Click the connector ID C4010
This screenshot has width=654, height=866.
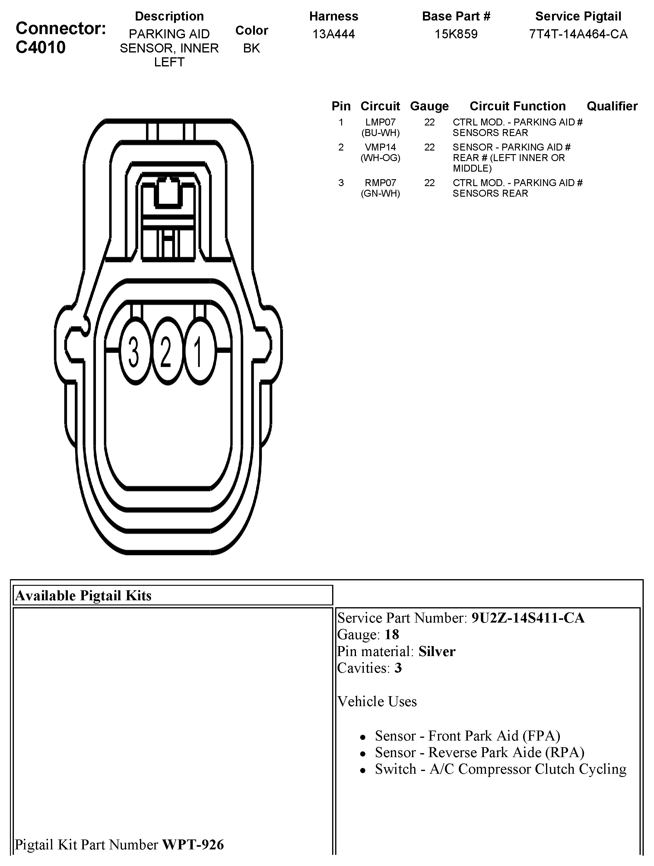[x=41, y=47]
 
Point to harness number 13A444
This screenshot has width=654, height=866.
[x=333, y=34]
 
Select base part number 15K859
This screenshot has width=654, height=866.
[x=456, y=34]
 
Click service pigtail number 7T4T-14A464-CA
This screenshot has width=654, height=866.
[x=578, y=34]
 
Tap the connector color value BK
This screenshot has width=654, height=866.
[x=251, y=48]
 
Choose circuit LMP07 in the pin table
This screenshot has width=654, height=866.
[x=380, y=122]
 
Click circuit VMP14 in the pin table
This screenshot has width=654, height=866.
[x=380, y=147]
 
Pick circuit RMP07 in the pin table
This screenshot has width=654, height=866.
[x=380, y=183]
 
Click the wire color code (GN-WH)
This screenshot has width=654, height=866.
[x=380, y=193]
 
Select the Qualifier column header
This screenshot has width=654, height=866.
[x=612, y=106]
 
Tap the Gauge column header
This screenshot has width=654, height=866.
[x=429, y=106]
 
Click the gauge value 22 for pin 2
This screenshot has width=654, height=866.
[x=429, y=147]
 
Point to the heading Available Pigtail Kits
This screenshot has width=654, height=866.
[x=83, y=595]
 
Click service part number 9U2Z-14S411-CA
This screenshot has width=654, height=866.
[x=528, y=618]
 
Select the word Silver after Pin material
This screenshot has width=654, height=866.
[x=437, y=652]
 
